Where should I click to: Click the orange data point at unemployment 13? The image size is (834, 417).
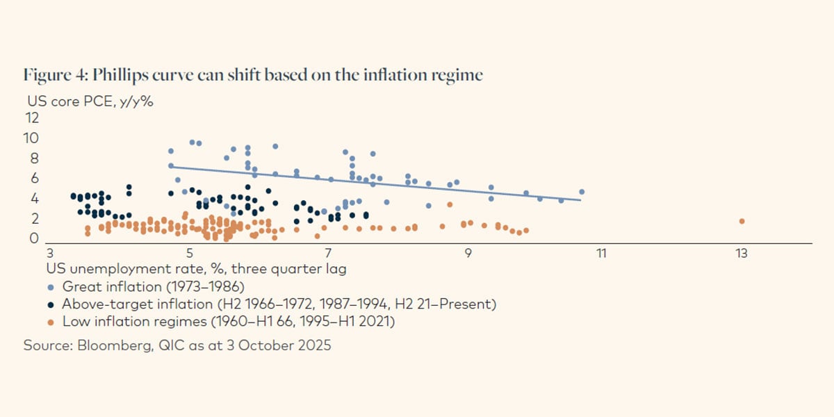[x=742, y=221]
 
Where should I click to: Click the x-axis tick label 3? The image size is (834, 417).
[x=49, y=254]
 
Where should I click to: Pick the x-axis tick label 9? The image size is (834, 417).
[x=468, y=254]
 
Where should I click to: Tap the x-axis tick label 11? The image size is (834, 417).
[x=601, y=254]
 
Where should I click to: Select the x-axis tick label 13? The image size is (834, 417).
[x=742, y=254]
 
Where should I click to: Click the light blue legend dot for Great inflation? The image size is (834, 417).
[x=51, y=286]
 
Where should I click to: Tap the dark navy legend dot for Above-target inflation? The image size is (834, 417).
[x=51, y=304]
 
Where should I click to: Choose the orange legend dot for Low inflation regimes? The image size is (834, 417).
[x=51, y=322]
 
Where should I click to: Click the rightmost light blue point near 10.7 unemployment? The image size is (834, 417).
[x=582, y=192]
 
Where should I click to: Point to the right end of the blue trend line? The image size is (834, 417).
[x=580, y=200]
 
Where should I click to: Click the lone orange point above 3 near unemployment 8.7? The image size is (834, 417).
[x=450, y=204]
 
